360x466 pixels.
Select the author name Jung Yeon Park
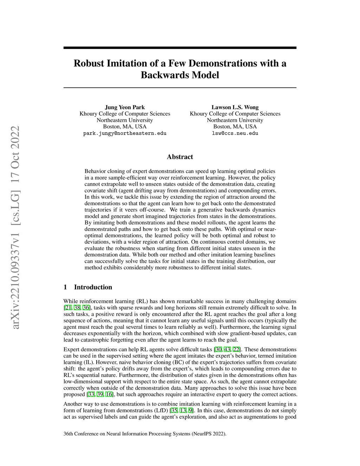click(x=125, y=107)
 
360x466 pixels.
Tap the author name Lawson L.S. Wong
click(x=235, y=107)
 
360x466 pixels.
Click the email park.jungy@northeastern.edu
click(x=125, y=133)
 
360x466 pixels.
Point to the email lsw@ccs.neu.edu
click(x=235, y=133)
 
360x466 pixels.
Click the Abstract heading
click(x=180, y=157)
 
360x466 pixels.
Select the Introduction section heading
click(x=93, y=287)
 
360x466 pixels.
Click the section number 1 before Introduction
click(x=65, y=287)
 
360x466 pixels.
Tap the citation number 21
click(x=68, y=308)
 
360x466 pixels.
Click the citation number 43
click(x=227, y=349)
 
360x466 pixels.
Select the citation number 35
click(x=174, y=410)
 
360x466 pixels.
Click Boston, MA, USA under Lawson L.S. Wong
click(x=235, y=127)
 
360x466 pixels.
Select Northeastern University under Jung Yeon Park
click(x=125, y=120)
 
